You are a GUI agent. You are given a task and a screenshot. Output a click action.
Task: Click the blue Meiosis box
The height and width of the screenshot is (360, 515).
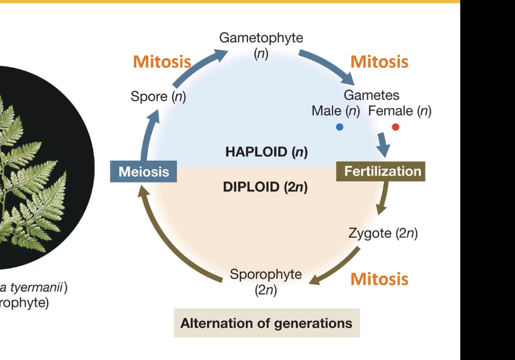pos(143,172)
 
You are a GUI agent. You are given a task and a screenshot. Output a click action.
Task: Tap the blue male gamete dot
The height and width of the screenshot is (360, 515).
pos(339,127)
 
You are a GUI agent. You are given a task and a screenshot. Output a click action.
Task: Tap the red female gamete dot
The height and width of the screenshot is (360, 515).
pos(396,127)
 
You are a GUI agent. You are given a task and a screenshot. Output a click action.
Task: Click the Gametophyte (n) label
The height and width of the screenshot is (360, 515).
pos(261,46)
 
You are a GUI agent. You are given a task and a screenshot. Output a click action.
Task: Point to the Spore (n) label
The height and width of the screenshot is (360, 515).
pos(158,96)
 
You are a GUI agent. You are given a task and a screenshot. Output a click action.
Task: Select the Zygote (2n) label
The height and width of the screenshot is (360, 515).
pos(383,233)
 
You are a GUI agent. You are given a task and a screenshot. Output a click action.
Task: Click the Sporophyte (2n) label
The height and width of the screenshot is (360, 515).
pos(266,282)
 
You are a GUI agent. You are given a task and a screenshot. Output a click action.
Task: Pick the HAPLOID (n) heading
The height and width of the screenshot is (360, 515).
pos(266,152)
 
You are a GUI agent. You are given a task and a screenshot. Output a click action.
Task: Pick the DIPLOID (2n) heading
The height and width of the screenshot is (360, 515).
pos(265,187)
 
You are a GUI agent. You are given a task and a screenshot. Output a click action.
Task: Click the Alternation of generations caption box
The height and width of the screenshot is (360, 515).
pos(266,323)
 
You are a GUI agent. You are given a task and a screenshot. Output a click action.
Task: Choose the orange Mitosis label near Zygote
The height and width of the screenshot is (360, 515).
pos(379,279)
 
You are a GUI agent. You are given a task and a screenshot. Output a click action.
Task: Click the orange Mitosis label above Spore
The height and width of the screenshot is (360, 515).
pos(162,62)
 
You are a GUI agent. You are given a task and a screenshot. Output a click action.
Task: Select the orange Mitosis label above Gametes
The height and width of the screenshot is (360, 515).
pos(379,62)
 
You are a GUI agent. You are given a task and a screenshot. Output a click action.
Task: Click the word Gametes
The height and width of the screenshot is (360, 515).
pos(371,95)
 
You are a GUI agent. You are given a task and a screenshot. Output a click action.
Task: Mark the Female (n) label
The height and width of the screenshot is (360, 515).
pos(400,111)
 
